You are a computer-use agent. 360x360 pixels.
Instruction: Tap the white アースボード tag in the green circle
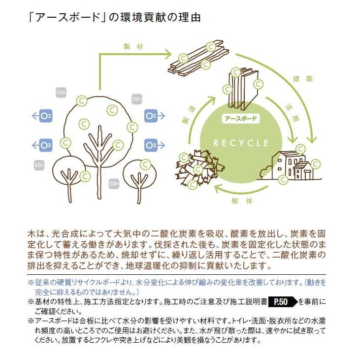[x=241, y=119]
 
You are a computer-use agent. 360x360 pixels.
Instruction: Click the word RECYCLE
[x=241, y=143]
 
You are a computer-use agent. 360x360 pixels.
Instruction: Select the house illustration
[x=291, y=166]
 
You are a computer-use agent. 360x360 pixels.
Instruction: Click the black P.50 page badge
[x=283, y=301]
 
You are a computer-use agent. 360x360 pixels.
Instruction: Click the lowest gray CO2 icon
[x=113, y=184]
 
